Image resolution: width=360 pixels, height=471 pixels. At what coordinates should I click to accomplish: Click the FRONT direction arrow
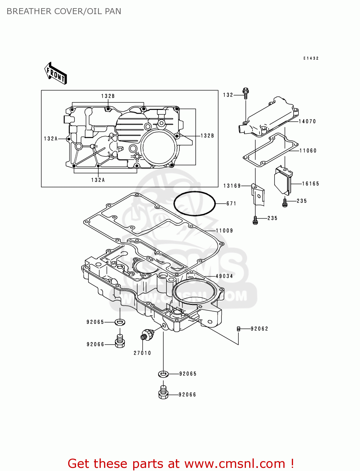tap(56, 73)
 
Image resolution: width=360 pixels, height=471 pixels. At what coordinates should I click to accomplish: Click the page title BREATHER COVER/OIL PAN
tap(64, 11)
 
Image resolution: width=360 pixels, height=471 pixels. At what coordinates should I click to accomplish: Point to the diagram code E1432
tap(311, 58)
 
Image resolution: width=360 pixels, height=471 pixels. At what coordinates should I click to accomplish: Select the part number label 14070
tap(307, 122)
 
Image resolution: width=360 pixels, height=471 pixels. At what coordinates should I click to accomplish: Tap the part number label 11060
tap(308, 151)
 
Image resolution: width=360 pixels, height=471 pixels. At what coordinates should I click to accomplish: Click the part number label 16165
tap(310, 184)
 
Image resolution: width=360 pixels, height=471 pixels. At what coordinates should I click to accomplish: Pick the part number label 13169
tap(232, 186)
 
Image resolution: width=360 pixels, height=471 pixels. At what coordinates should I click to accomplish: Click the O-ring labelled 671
tap(194, 203)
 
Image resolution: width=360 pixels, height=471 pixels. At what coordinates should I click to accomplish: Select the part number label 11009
tap(224, 230)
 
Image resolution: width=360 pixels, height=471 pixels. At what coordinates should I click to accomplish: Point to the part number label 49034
tap(224, 276)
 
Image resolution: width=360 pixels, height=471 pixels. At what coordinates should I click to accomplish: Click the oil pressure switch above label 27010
tap(146, 334)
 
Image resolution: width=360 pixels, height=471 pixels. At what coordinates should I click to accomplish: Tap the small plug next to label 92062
tap(238, 329)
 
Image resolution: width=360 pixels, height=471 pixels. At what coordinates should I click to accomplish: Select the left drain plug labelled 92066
tap(120, 341)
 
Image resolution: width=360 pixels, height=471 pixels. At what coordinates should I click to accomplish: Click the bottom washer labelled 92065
tap(163, 374)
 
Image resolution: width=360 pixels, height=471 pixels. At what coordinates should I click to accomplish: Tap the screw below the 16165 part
tap(285, 203)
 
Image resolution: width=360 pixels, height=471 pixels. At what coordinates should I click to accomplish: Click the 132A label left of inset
tap(51, 139)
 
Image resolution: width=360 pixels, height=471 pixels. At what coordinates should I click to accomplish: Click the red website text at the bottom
tap(181, 463)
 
